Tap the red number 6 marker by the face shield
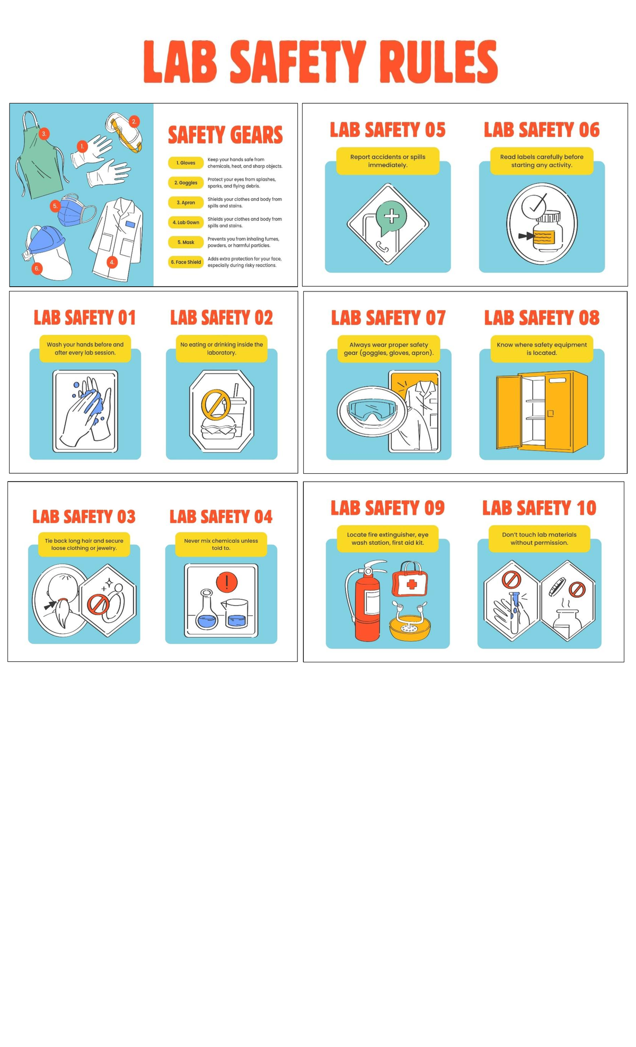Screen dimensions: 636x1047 point(37,269)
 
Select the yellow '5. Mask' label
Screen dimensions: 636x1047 point(185,242)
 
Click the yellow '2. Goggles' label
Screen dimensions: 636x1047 point(185,183)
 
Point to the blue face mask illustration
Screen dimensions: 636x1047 point(76,210)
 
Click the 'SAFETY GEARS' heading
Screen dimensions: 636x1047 point(225,135)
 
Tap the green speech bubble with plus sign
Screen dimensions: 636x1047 point(391,217)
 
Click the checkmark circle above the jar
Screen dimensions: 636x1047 point(534,206)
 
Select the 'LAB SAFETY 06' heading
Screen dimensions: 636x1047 point(542,130)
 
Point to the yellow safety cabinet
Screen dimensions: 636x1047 point(542,411)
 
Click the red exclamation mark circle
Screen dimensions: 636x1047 point(227,582)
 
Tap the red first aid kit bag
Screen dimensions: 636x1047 point(410,580)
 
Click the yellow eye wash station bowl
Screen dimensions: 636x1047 point(410,625)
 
